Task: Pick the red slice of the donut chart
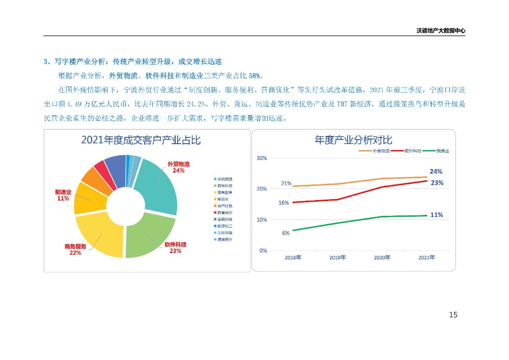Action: (100, 169)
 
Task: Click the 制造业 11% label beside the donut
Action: (63, 195)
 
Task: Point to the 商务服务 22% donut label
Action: (75, 249)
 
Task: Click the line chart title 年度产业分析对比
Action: (353, 140)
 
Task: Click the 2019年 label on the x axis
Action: (337, 258)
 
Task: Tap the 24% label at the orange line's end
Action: (436, 172)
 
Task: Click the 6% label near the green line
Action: (286, 233)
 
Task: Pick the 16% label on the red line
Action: (284, 203)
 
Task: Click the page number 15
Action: (453, 315)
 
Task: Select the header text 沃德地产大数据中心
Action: (441, 31)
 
